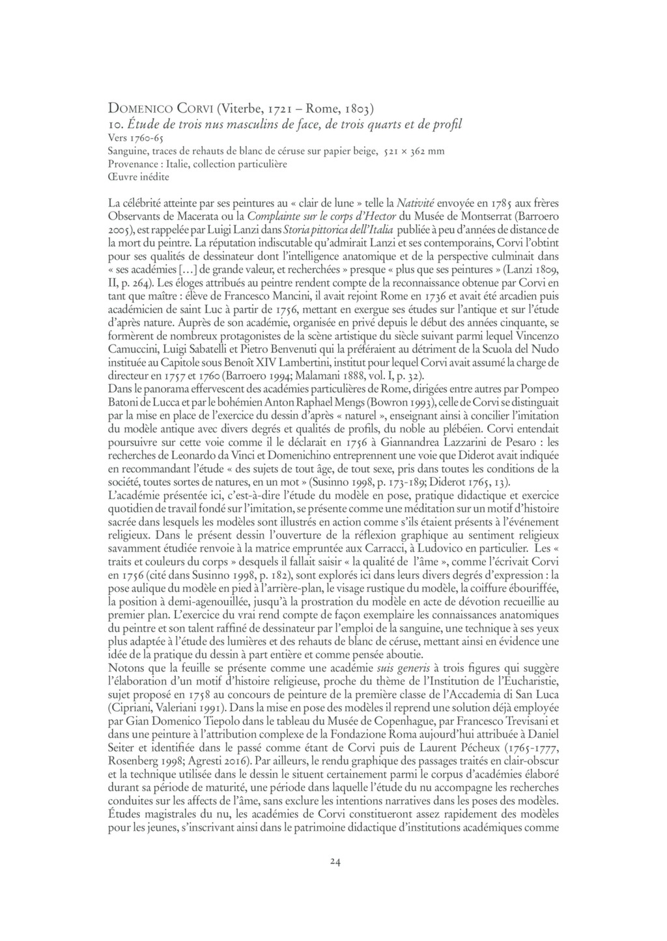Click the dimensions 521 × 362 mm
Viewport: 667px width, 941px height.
(x=414, y=152)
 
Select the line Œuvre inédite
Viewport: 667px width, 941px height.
(x=139, y=176)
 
